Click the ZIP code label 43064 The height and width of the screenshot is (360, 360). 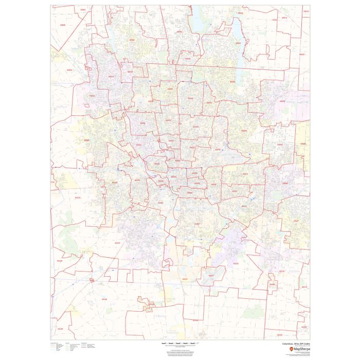(69, 70)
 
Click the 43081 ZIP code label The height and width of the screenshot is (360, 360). (232, 82)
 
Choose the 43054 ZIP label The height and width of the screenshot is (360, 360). (282, 101)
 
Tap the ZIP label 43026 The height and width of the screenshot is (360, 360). (86, 140)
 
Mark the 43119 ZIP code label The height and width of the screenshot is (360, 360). (78, 197)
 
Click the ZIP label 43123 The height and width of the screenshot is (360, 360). (117, 243)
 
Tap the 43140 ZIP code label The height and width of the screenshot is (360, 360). (60, 261)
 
